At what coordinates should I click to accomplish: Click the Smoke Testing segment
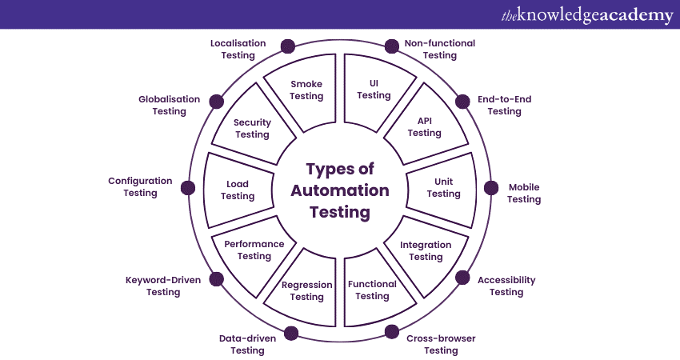point(306,90)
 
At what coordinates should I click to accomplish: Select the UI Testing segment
point(374,90)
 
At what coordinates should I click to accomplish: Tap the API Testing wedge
point(424,126)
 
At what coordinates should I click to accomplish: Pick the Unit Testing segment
point(442,188)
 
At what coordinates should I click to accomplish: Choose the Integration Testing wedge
point(426,250)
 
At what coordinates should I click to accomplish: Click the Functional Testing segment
point(372,290)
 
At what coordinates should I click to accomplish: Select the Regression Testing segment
point(306,290)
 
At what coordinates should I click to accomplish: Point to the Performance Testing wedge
point(254,250)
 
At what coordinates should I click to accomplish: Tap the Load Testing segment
point(238,190)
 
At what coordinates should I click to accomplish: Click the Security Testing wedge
point(252,128)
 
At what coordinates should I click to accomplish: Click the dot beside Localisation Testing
point(289,46)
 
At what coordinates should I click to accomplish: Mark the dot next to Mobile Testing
point(491,188)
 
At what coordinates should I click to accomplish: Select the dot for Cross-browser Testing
point(391,331)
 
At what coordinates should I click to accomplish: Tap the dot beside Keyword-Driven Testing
point(216,278)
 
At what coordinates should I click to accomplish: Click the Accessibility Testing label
point(506,286)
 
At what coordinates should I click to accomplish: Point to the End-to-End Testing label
point(504,105)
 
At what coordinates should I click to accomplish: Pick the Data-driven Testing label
point(247,344)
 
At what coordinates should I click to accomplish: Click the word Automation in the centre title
point(340,190)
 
